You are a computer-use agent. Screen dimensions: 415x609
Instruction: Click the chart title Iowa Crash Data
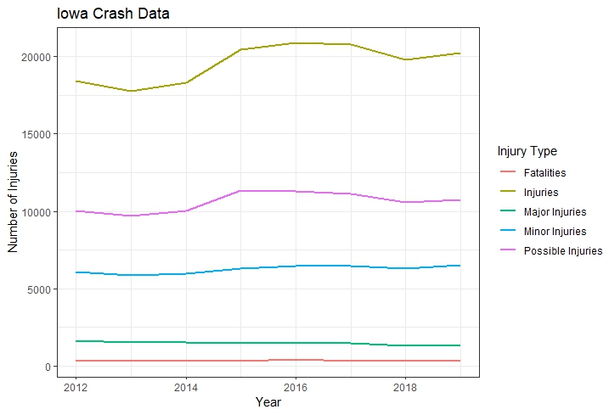tap(113, 14)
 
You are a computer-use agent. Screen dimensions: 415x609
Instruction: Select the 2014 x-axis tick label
tap(185, 387)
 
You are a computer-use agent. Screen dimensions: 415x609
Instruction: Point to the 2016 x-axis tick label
tap(295, 387)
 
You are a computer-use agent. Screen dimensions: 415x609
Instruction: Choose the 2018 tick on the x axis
tap(404, 387)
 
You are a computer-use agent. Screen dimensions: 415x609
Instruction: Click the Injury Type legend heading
tap(527, 152)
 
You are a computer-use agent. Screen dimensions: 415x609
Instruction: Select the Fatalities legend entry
tap(544, 173)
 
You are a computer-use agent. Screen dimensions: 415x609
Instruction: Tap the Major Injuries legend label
tap(555, 212)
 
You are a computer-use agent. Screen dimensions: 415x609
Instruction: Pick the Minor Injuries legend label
tap(555, 232)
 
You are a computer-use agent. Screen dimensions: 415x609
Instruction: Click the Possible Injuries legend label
tap(562, 251)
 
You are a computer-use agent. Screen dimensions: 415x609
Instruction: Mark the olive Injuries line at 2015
tap(240, 49)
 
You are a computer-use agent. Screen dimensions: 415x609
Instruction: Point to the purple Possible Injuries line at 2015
tap(240, 191)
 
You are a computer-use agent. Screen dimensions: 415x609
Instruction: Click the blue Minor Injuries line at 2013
tap(131, 275)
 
